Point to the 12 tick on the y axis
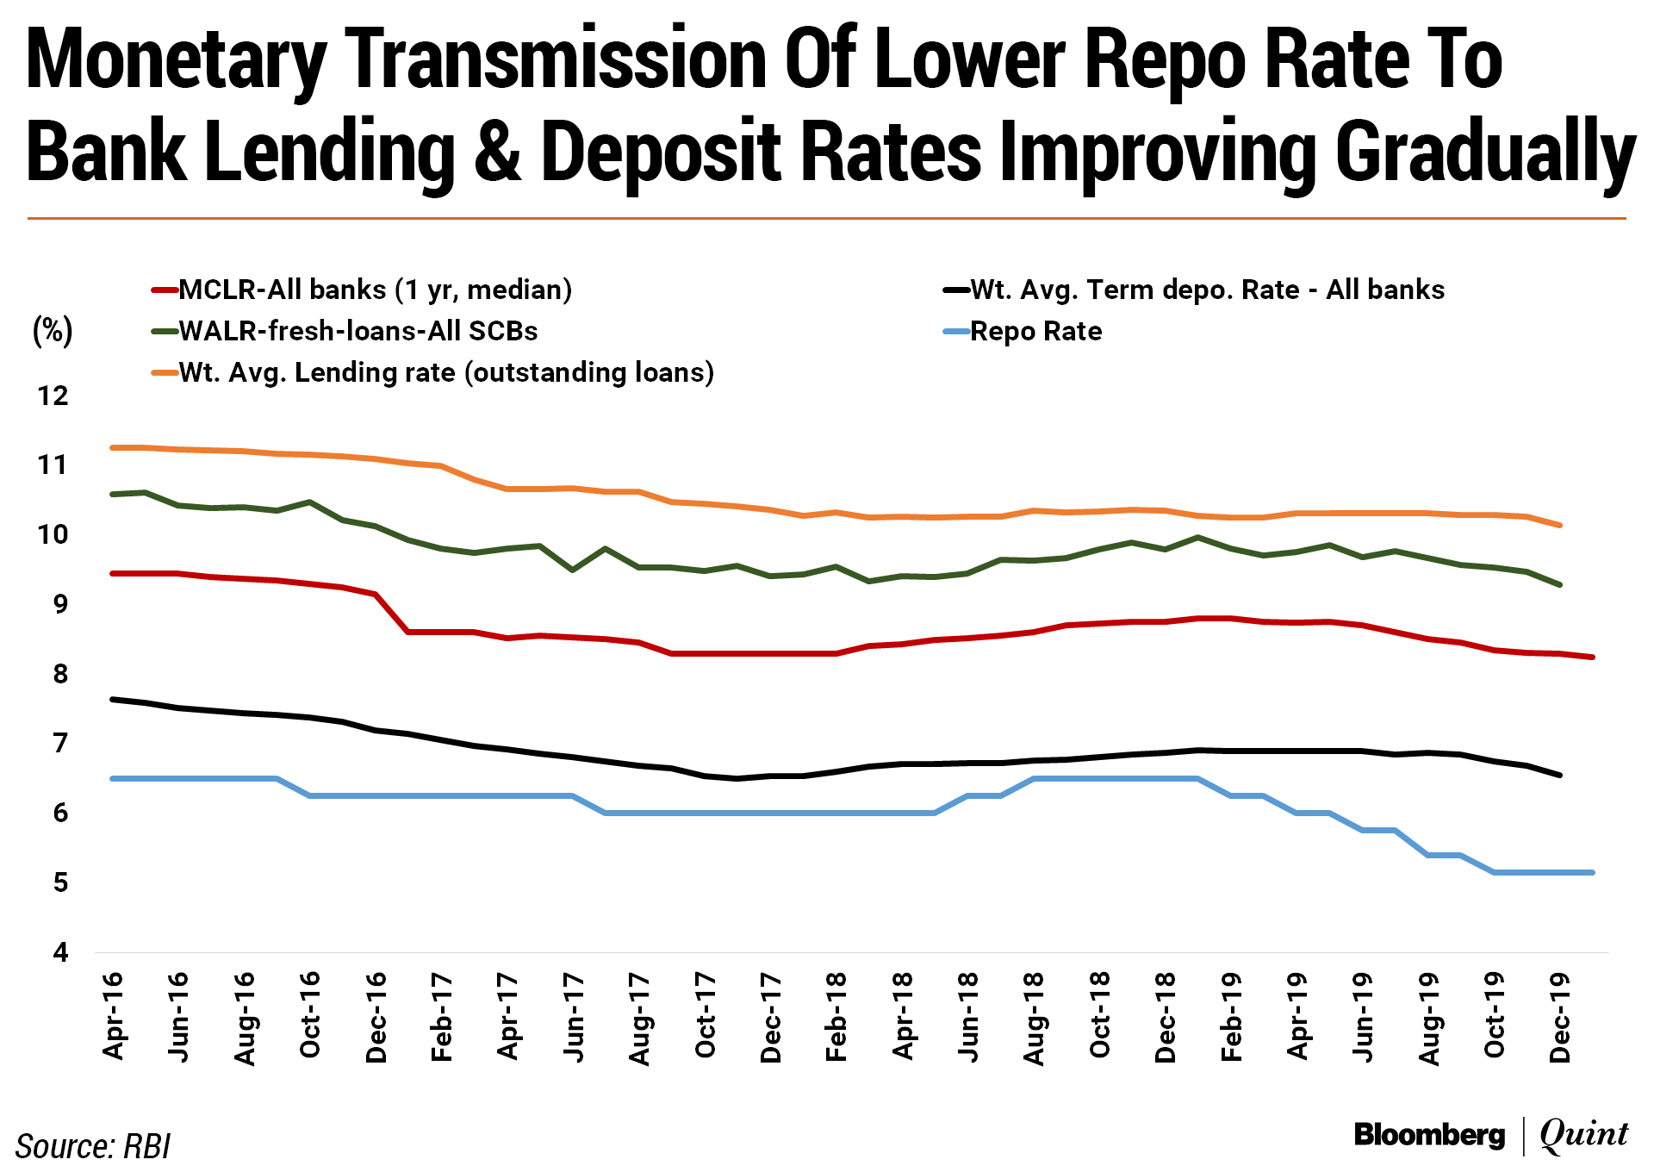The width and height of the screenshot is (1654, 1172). tap(53, 396)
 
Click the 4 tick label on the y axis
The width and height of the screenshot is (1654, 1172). tap(59, 952)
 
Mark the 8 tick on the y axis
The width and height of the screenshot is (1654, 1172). tap(59, 674)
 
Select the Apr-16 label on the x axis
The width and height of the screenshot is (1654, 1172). tap(113, 1016)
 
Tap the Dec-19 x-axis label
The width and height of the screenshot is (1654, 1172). tap(1560, 1018)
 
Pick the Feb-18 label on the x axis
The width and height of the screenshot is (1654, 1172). tap(836, 1016)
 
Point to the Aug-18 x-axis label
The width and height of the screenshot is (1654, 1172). tap(1034, 1018)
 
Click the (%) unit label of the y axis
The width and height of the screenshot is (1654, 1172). tap(53, 331)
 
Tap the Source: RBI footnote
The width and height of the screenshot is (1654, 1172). tap(93, 1147)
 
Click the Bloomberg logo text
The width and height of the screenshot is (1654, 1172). tap(1429, 1135)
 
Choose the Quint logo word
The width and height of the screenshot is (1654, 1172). tap(1583, 1135)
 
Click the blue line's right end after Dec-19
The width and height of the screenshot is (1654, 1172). tap(1592, 873)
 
